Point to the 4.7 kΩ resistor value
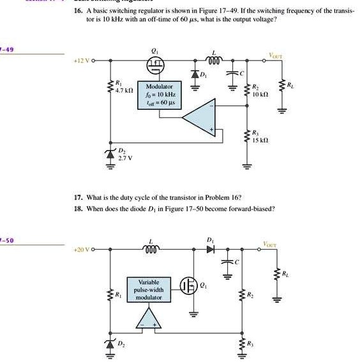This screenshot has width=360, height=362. (123, 89)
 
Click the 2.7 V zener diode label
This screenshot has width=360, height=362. (124, 156)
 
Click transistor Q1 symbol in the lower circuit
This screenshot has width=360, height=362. (189, 286)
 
